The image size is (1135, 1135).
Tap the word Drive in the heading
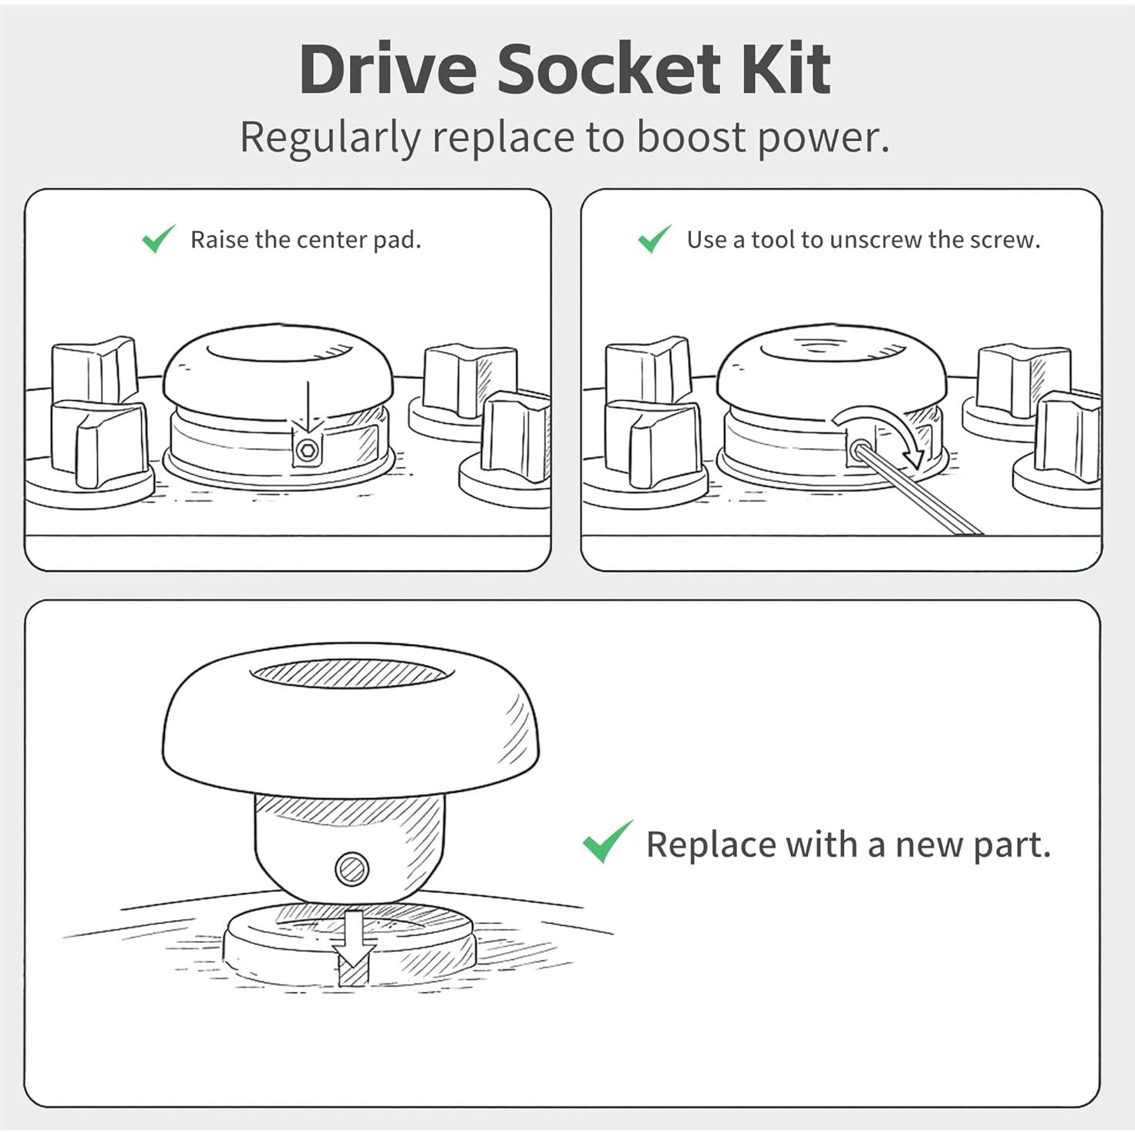pyautogui.click(x=388, y=69)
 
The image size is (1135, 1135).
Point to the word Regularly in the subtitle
pyautogui.click(x=331, y=139)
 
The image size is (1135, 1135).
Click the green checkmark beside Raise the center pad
pyautogui.click(x=158, y=238)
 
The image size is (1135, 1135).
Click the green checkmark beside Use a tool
pyautogui.click(x=655, y=238)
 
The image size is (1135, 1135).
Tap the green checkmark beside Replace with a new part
pyautogui.click(x=608, y=841)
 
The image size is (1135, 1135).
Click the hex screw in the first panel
pyautogui.click(x=306, y=450)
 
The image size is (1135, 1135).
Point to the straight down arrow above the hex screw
pyautogui.click(x=308, y=407)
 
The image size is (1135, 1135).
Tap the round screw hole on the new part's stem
pyautogui.click(x=353, y=869)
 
